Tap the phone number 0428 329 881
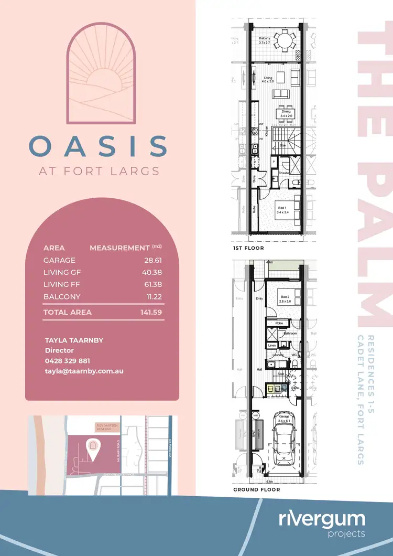click(x=68, y=361)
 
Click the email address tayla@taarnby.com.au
click(x=84, y=371)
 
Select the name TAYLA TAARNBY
click(x=74, y=340)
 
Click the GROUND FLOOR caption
click(x=256, y=489)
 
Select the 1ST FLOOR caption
click(x=248, y=248)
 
